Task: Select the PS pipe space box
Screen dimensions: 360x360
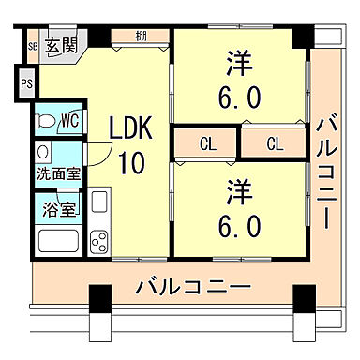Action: pos(25,82)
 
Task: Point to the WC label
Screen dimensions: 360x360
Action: pos(69,121)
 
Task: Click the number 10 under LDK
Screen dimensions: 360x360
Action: pos(130,162)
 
